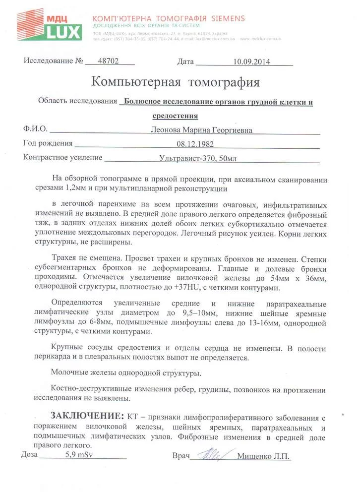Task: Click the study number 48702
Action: pos(110,62)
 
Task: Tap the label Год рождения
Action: pos(48,144)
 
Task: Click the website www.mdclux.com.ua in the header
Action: pos(261,38)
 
